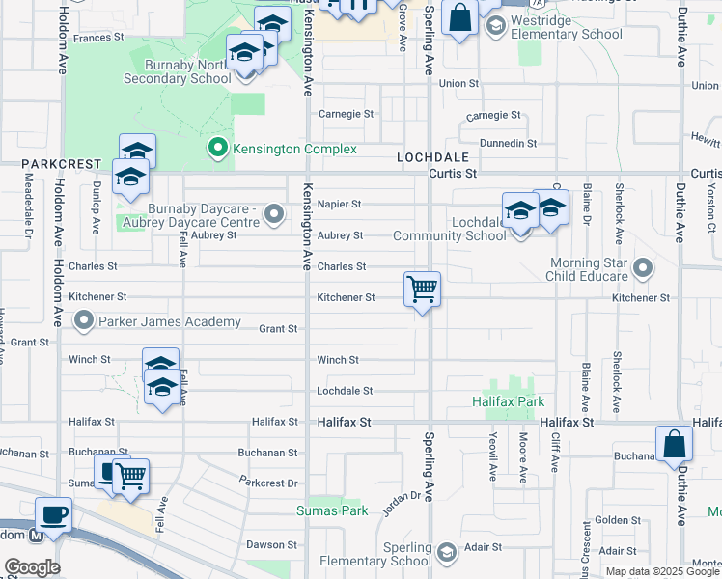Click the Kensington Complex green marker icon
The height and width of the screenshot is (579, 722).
coord(218,150)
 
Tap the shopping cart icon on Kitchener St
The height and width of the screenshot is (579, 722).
coord(422,288)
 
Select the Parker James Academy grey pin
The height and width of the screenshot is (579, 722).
coord(85,320)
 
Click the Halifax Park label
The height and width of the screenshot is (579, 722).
coord(509,401)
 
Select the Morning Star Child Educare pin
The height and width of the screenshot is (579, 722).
coord(642,266)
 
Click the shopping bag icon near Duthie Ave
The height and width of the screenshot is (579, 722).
coord(674,443)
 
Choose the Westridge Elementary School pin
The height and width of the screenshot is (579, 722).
coord(495,26)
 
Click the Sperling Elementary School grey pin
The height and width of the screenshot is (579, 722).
coord(446,552)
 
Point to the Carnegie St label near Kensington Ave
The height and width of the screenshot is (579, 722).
coord(347,114)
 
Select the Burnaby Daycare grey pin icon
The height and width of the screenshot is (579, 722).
coord(275,212)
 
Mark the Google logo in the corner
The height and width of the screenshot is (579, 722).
coord(32,567)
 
